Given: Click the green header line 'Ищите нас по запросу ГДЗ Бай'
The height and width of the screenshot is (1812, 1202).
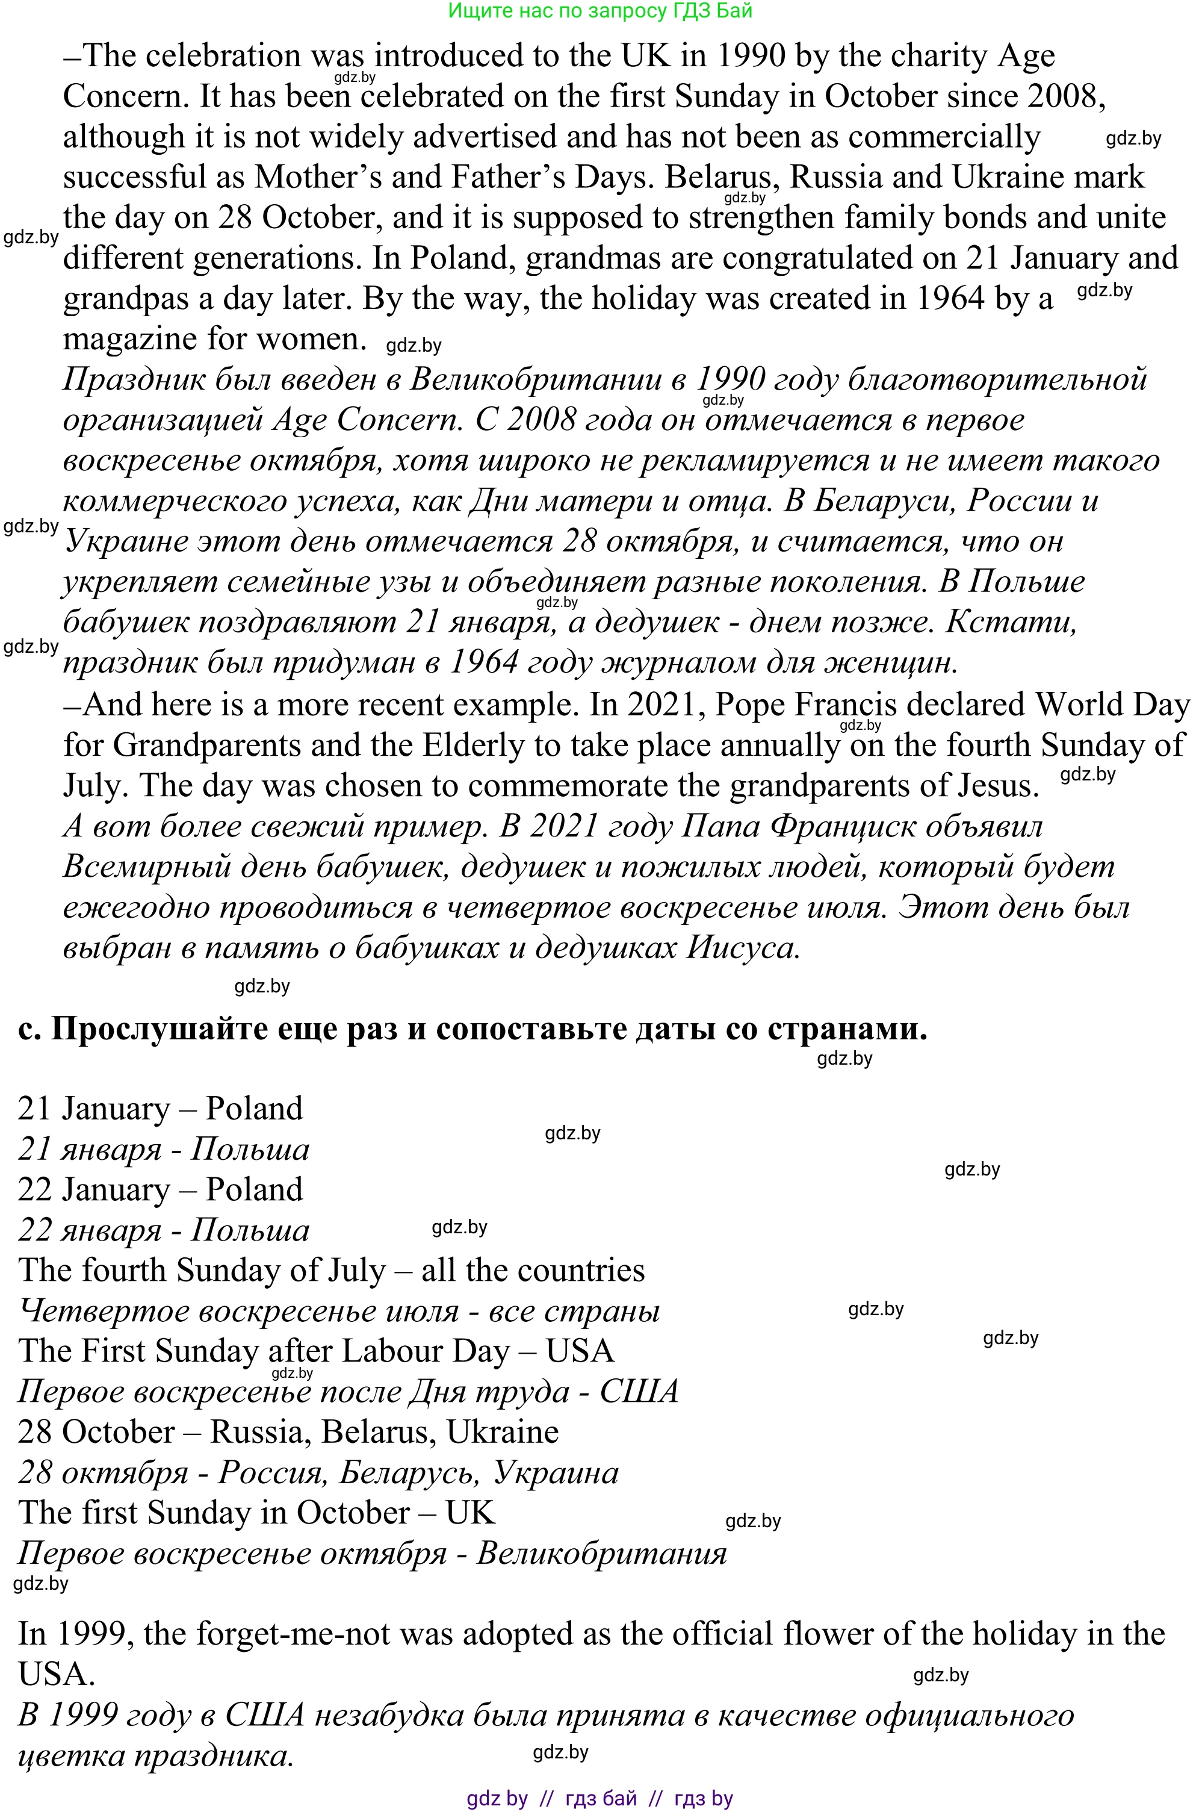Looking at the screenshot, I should click(x=600, y=11).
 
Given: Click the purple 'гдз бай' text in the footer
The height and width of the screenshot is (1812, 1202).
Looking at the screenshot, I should click(x=600, y=1798).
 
